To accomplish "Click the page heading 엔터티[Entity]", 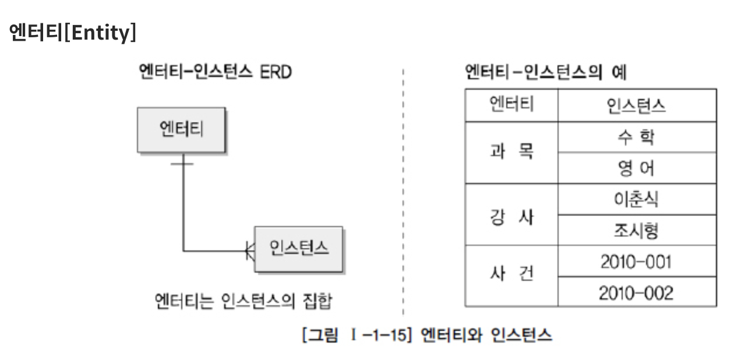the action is pyautogui.click(x=73, y=33).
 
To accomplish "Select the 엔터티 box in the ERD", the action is pyautogui.click(x=181, y=129).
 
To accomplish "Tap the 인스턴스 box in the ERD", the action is pyautogui.click(x=299, y=249).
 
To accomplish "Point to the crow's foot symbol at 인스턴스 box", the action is pyautogui.click(x=250, y=251).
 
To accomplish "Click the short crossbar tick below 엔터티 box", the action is pyautogui.click(x=183, y=164).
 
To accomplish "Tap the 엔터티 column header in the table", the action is pyautogui.click(x=511, y=105).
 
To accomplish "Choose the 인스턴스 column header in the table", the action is pyautogui.click(x=636, y=105).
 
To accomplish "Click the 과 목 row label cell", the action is pyautogui.click(x=511, y=153).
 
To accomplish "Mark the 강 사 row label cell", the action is pyautogui.click(x=511, y=214).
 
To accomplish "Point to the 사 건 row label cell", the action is pyautogui.click(x=511, y=276).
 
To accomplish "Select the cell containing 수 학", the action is pyautogui.click(x=636, y=137).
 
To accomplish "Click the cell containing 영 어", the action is pyautogui.click(x=636, y=168).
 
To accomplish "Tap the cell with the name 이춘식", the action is pyautogui.click(x=636, y=199).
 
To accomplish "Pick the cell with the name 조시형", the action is pyautogui.click(x=636, y=230).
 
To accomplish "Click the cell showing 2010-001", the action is pyautogui.click(x=636, y=261).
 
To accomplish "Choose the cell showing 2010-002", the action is pyautogui.click(x=636, y=292).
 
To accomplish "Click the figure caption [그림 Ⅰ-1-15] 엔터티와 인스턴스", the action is pyautogui.click(x=427, y=336).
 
